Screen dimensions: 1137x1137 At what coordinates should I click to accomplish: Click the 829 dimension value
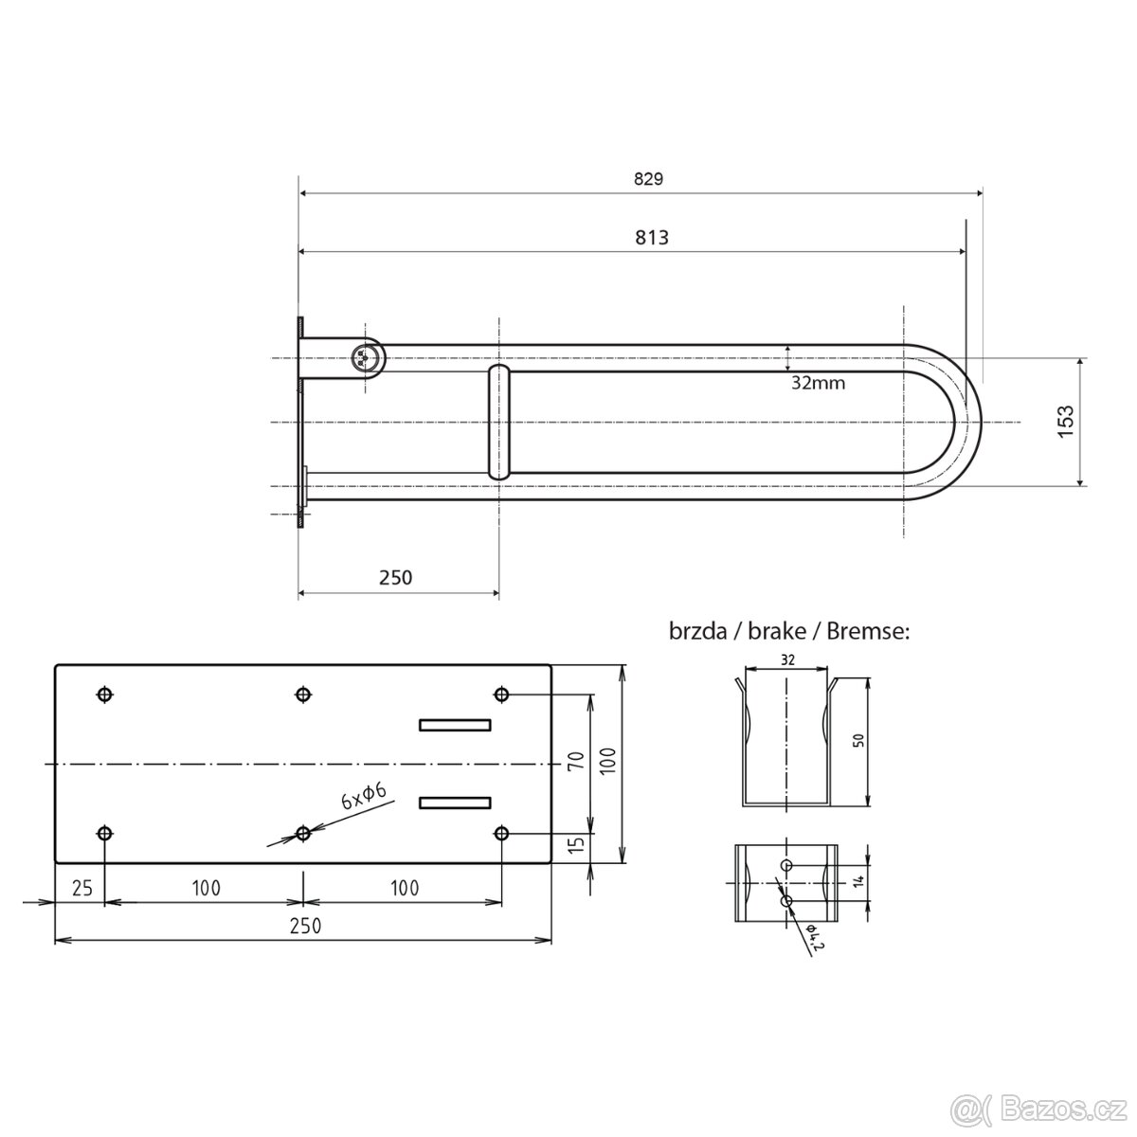point(648,179)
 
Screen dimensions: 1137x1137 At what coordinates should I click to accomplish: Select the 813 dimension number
point(651,238)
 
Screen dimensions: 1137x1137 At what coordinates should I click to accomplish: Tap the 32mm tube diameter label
point(818,383)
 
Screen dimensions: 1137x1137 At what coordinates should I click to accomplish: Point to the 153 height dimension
point(1066,422)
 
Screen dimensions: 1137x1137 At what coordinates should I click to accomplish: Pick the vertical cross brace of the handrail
point(499,422)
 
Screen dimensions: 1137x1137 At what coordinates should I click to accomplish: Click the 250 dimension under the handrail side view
point(395,577)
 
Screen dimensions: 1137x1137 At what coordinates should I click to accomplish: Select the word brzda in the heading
point(697,631)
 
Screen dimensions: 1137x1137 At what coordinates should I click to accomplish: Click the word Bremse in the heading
point(868,631)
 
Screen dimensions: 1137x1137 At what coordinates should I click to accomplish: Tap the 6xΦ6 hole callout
point(364,797)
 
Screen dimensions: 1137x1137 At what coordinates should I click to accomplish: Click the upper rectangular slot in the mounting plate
point(455,725)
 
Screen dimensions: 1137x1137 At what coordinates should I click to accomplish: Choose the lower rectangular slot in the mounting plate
point(455,803)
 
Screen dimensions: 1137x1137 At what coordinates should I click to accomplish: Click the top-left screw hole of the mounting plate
point(104,695)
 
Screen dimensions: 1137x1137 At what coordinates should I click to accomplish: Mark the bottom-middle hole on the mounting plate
point(302,834)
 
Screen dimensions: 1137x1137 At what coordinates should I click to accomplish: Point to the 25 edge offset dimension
point(82,888)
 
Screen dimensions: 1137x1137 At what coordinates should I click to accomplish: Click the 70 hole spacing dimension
point(576,759)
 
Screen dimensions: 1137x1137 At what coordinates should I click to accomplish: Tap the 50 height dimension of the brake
point(858,740)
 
